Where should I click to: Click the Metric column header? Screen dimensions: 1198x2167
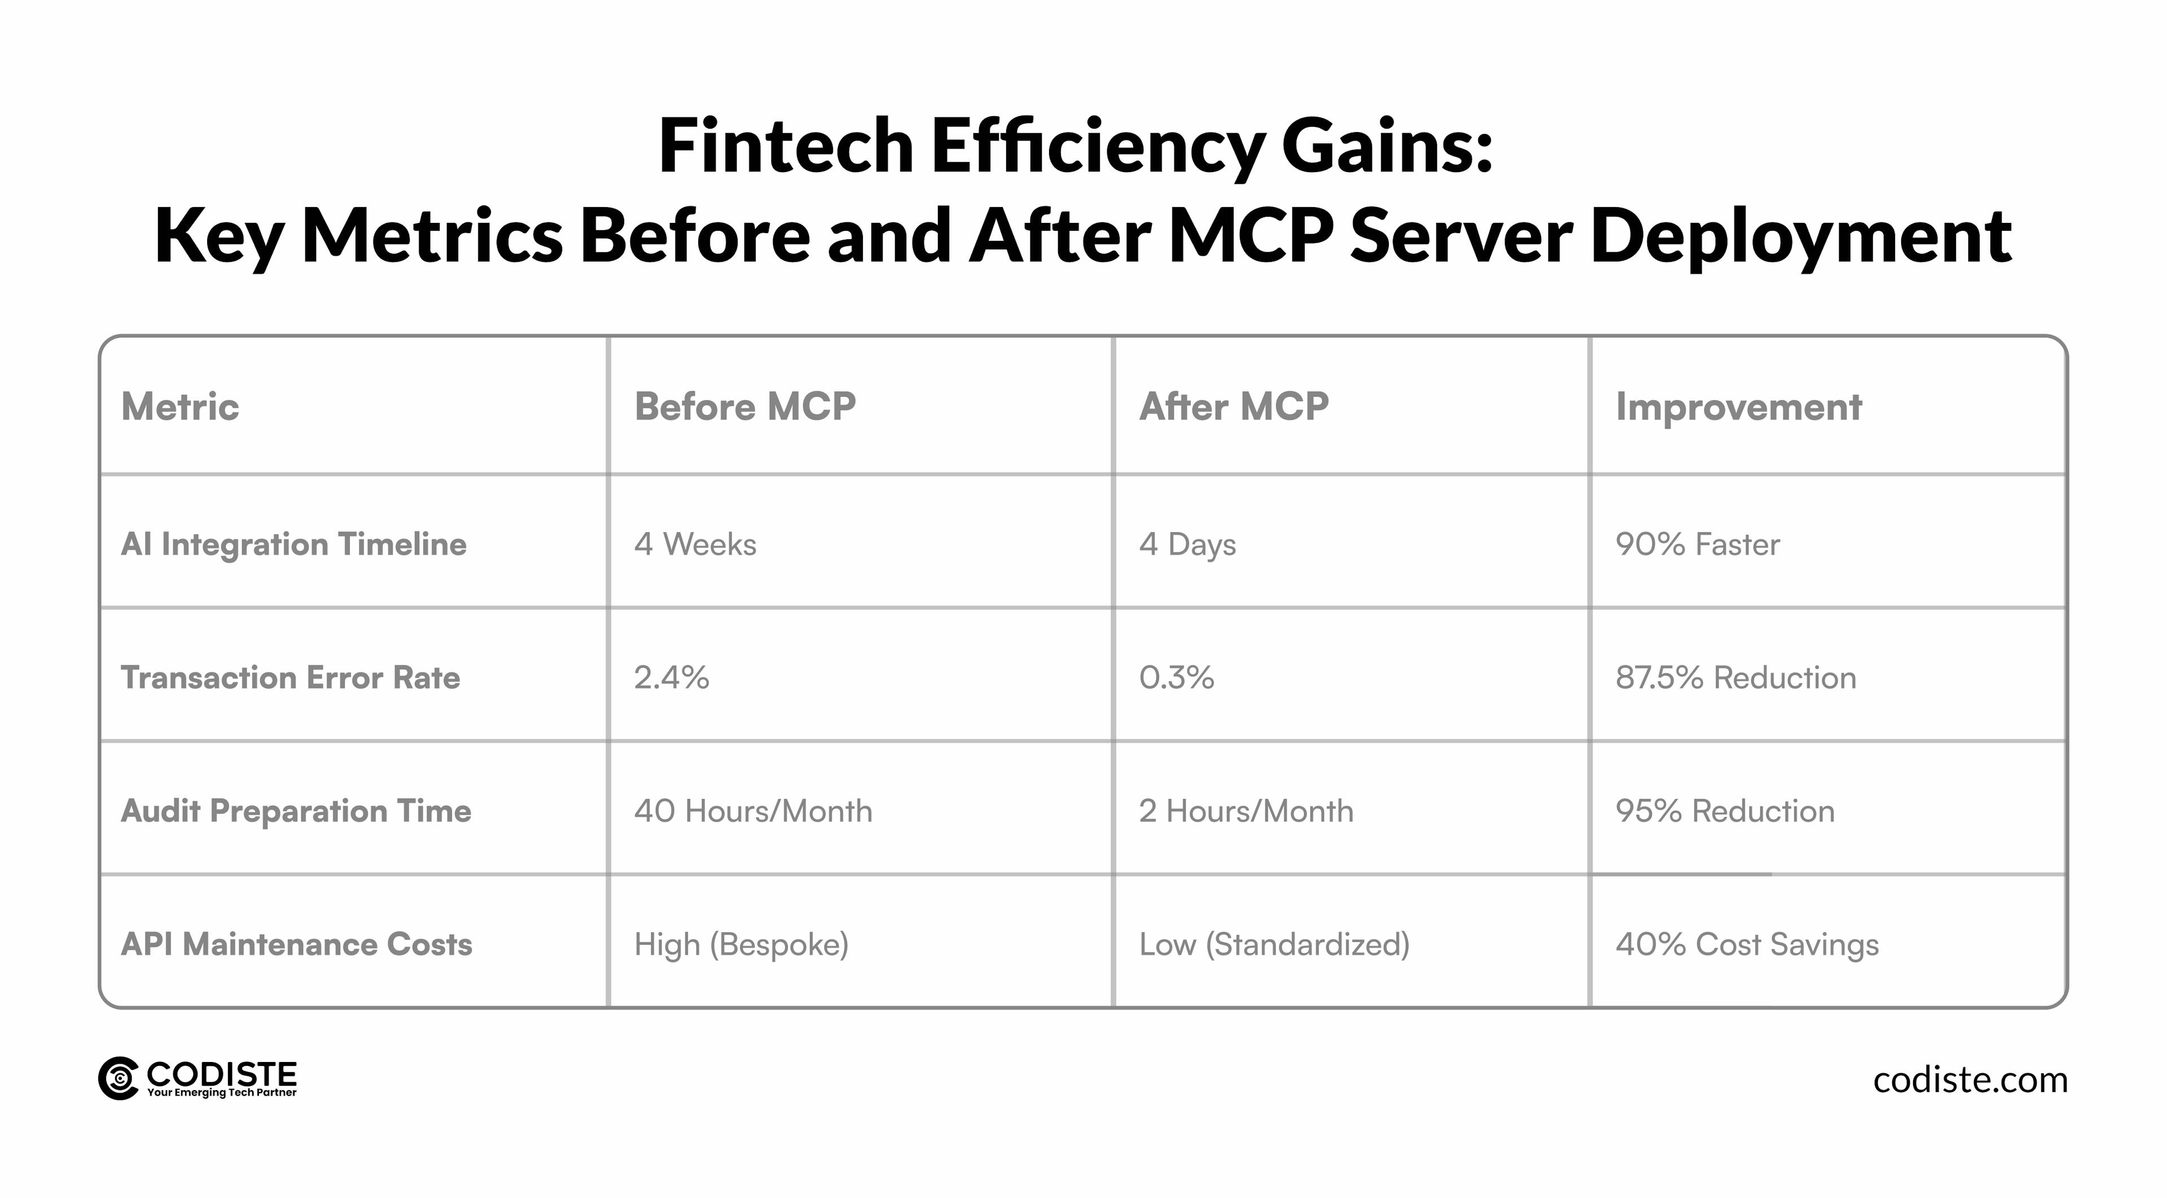click(x=180, y=407)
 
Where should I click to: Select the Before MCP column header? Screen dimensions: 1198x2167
click(x=744, y=407)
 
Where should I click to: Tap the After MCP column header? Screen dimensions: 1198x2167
click(x=1233, y=407)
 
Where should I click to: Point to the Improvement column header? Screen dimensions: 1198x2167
click(x=1738, y=407)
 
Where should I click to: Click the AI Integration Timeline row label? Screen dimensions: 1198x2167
click(x=293, y=545)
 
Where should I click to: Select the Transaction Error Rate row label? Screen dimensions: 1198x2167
click(x=290, y=677)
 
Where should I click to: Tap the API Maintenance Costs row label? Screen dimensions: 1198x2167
click(x=296, y=944)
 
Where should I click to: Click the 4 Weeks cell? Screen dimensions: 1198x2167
click(x=695, y=545)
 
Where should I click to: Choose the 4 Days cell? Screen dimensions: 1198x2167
click(x=1187, y=545)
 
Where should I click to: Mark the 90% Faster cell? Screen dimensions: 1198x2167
click(x=1697, y=545)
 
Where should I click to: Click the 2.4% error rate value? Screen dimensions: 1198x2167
click(x=672, y=677)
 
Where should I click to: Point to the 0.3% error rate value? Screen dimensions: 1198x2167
click(x=1176, y=677)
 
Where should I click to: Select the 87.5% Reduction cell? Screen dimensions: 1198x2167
click(x=1735, y=677)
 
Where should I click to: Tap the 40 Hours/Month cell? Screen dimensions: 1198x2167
click(x=753, y=811)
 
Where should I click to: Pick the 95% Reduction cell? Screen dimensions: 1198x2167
click(x=1725, y=811)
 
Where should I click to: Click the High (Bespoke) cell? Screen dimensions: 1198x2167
click(x=741, y=944)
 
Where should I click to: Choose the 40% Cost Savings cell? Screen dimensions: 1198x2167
click(x=1747, y=944)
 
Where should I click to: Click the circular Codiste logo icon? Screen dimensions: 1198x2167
click(x=119, y=1078)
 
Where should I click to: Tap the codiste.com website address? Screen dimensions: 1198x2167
click(x=1970, y=1080)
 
